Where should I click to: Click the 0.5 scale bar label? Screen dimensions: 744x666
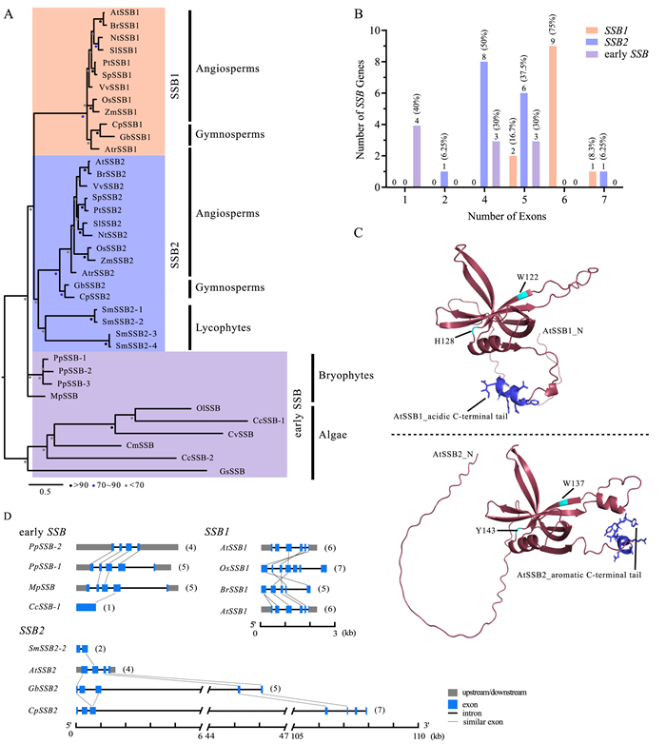pyautogui.click(x=44, y=492)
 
